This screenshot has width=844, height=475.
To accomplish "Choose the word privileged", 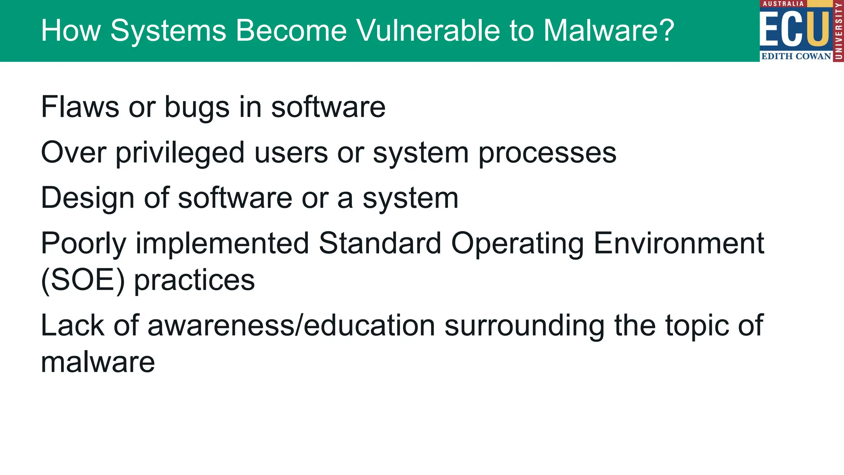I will point(181,153).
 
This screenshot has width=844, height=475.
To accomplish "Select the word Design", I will point(88,198).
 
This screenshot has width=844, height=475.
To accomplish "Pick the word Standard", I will point(380,243).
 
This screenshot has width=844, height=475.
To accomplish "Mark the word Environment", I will point(679,243).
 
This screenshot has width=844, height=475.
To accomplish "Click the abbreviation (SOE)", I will point(83,280).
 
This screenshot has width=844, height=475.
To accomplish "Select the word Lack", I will point(73,325).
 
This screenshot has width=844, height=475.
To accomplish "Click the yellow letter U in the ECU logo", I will point(818,28).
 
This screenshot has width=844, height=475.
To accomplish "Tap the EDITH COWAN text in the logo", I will point(796,56).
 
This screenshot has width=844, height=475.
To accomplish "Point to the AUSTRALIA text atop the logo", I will point(783,4).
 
